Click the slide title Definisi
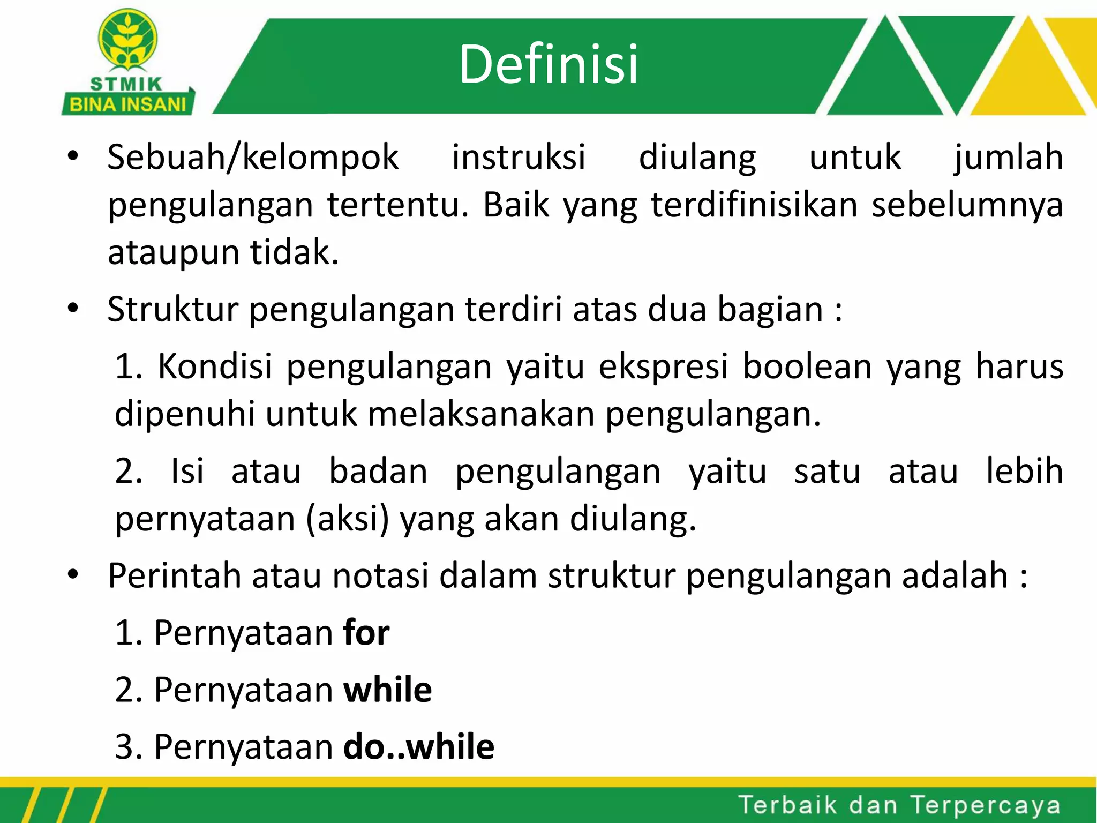pos(548,64)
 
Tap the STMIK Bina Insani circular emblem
pos(127,41)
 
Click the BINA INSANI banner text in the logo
pos(127,104)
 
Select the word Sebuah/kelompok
pos(253,158)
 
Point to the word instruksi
pos(519,158)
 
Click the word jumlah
pos(1008,158)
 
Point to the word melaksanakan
pos(481,414)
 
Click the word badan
pos(378,472)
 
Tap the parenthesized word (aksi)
pos(347,519)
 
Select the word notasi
pos(380,576)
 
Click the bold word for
pos(366,633)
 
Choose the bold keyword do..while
pos(418,746)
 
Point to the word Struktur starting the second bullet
pos(172,310)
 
